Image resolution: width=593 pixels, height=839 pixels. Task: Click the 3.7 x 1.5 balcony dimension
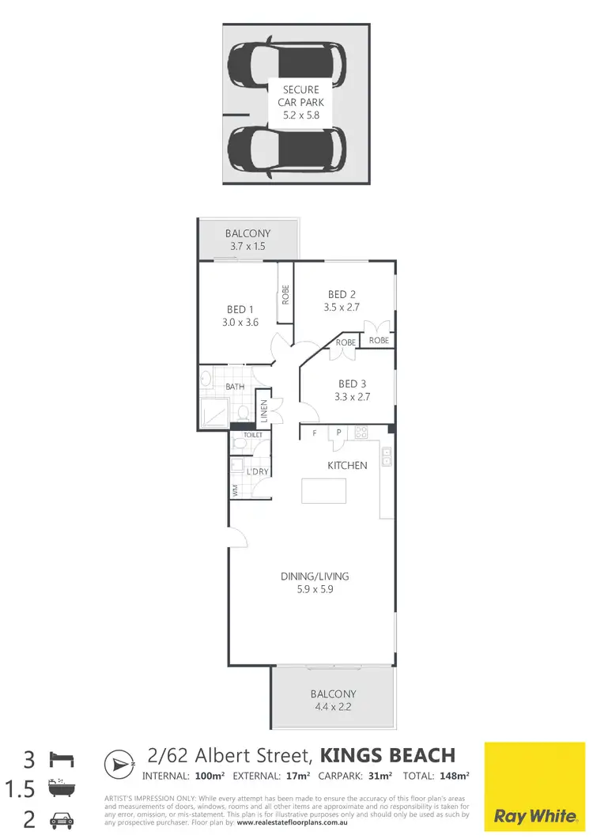247,247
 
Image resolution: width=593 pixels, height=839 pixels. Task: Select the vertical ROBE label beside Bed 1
285,295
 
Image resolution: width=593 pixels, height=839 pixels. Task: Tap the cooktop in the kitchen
361,432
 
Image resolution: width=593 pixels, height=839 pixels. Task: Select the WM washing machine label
235,490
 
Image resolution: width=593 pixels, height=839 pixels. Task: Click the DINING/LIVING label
315,576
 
